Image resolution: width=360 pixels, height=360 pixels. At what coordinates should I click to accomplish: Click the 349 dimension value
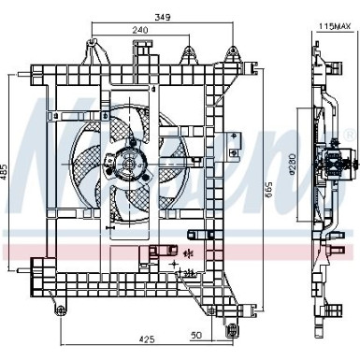pos(163,18)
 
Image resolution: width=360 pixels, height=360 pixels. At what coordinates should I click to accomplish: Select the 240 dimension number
pos(140,30)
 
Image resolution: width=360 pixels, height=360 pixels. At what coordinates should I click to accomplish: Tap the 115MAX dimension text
pos(335,26)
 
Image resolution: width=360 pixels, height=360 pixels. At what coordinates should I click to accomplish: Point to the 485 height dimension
pos(5,172)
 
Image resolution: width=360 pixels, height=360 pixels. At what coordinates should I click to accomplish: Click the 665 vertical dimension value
pos(269,190)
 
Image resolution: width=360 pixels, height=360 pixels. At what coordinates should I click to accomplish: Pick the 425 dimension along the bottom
pos(147,338)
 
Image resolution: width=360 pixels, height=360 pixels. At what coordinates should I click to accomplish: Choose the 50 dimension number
pos(196,335)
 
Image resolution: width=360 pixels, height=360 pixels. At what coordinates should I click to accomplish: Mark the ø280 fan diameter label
pos(292,164)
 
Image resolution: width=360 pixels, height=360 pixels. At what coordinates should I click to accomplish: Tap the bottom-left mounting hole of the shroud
pos(61,310)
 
